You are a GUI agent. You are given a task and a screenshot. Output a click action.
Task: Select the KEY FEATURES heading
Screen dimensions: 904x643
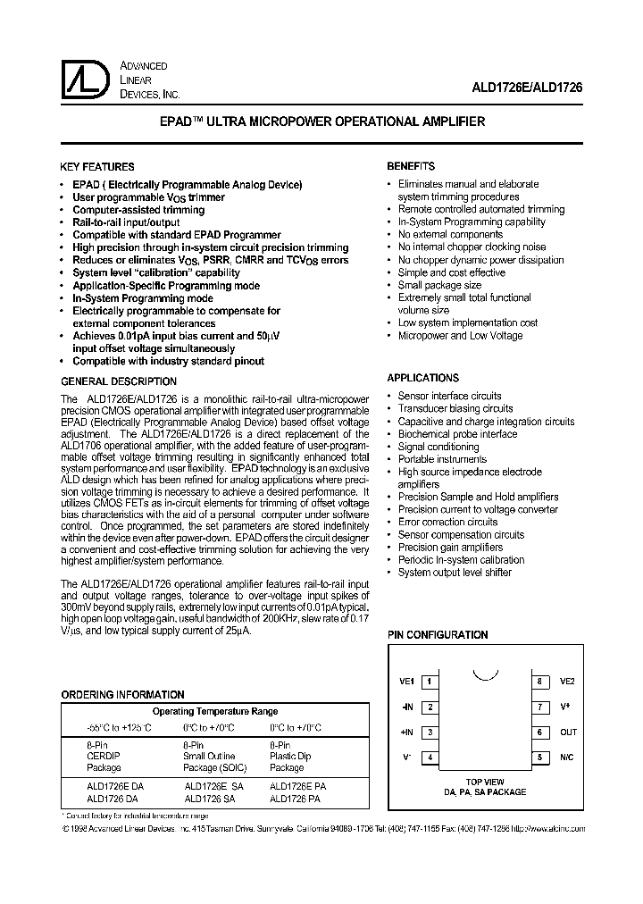(x=96, y=167)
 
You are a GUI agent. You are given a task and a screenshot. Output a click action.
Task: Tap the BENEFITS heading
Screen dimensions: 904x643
(x=411, y=166)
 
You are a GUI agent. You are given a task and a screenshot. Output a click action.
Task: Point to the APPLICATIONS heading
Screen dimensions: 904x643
(x=422, y=378)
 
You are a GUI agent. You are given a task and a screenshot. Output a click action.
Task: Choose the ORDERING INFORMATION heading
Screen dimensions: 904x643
(x=122, y=694)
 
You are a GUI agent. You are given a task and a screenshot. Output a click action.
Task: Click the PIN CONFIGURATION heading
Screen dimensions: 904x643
(x=437, y=635)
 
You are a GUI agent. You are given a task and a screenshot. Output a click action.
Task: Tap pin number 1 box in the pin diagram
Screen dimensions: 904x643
(x=430, y=682)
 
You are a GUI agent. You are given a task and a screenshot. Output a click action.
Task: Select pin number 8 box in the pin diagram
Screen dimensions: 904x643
(x=539, y=682)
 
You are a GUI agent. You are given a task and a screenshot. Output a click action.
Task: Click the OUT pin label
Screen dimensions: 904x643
(x=568, y=732)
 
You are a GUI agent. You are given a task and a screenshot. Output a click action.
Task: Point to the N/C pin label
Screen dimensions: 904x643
(x=567, y=758)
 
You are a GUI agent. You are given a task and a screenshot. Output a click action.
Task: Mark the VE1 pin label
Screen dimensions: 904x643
(x=406, y=682)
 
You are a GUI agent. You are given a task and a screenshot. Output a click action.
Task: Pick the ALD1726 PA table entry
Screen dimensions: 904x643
(x=297, y=799)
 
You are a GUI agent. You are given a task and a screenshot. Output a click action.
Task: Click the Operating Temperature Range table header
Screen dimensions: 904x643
(x=215, y=711)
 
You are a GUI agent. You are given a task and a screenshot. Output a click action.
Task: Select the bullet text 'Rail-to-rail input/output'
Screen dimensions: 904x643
(x=126, y=222)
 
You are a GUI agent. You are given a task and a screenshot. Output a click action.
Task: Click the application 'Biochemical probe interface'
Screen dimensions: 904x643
(x=457, y=434)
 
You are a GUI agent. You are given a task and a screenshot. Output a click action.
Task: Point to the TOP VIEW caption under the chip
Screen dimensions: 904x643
(x=485, y=782)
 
